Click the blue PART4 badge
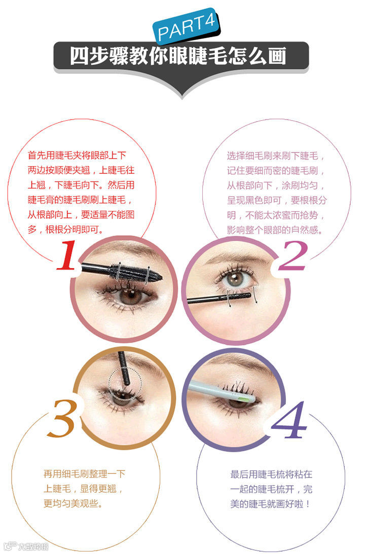pos(186,26)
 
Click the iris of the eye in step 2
pos(235,279)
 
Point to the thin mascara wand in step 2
pos(219,298)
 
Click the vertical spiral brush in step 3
pos(124,368)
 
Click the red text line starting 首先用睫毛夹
pos(77,156)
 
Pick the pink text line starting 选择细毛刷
pos(276,156)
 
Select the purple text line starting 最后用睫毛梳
pos(271,474)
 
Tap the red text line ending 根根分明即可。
pos(66,230)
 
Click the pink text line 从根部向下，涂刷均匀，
pos(276,186)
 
